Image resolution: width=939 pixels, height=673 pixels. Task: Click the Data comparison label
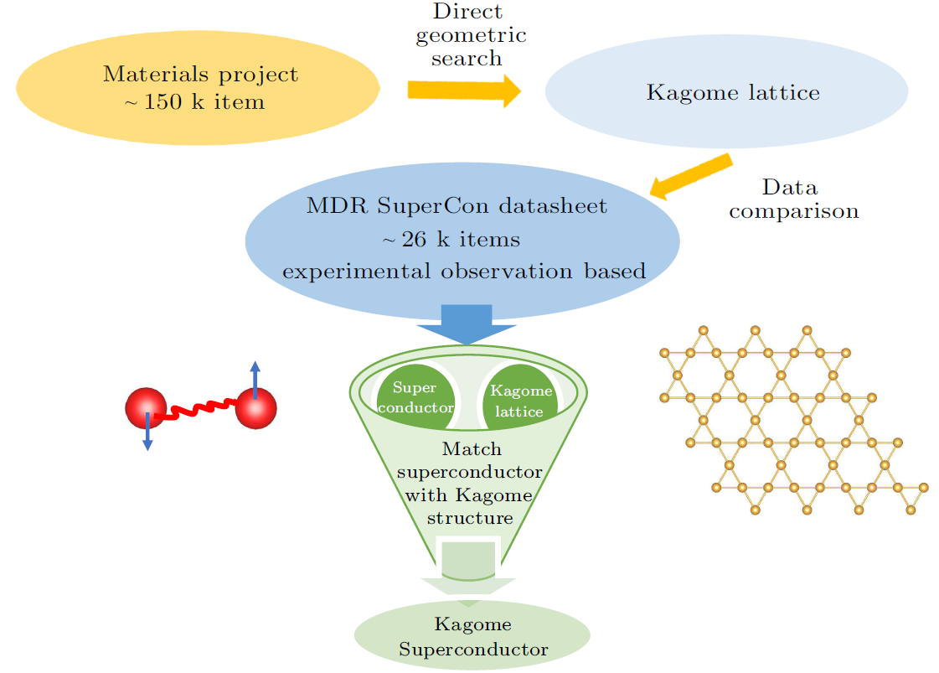(x=793, y=199)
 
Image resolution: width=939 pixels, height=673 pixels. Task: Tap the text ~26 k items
(x=451, y=240)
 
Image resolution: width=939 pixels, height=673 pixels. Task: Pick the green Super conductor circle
(x=416, y=397)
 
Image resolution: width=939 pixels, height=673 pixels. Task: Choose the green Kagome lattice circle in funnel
(x=520, y=399)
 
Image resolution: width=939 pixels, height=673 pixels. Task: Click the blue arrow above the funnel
(x=467, y=326)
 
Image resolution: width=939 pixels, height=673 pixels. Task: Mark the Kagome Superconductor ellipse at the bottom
(x=472, y=636)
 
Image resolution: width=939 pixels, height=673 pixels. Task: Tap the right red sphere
(x=255, y=408)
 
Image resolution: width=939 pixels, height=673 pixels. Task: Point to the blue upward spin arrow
(x=255, y=377)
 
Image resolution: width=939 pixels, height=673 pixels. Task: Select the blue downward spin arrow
(x=147, y=436)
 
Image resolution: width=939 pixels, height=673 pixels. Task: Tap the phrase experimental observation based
(x=464, y=272)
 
